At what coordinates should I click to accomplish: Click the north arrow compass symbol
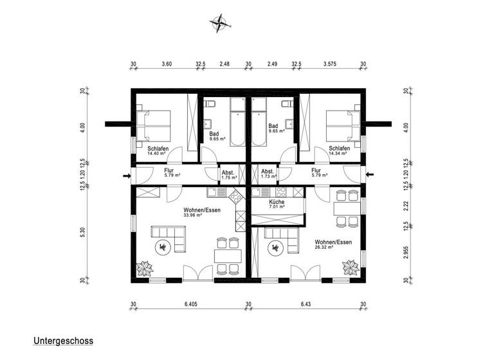click(221, 23)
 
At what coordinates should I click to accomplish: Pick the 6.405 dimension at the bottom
click(190, 305)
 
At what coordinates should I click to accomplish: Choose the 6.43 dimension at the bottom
click(305, 305)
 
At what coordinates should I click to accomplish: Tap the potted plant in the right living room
click(351, 265)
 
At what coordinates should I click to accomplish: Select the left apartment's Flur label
click(170, 171)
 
